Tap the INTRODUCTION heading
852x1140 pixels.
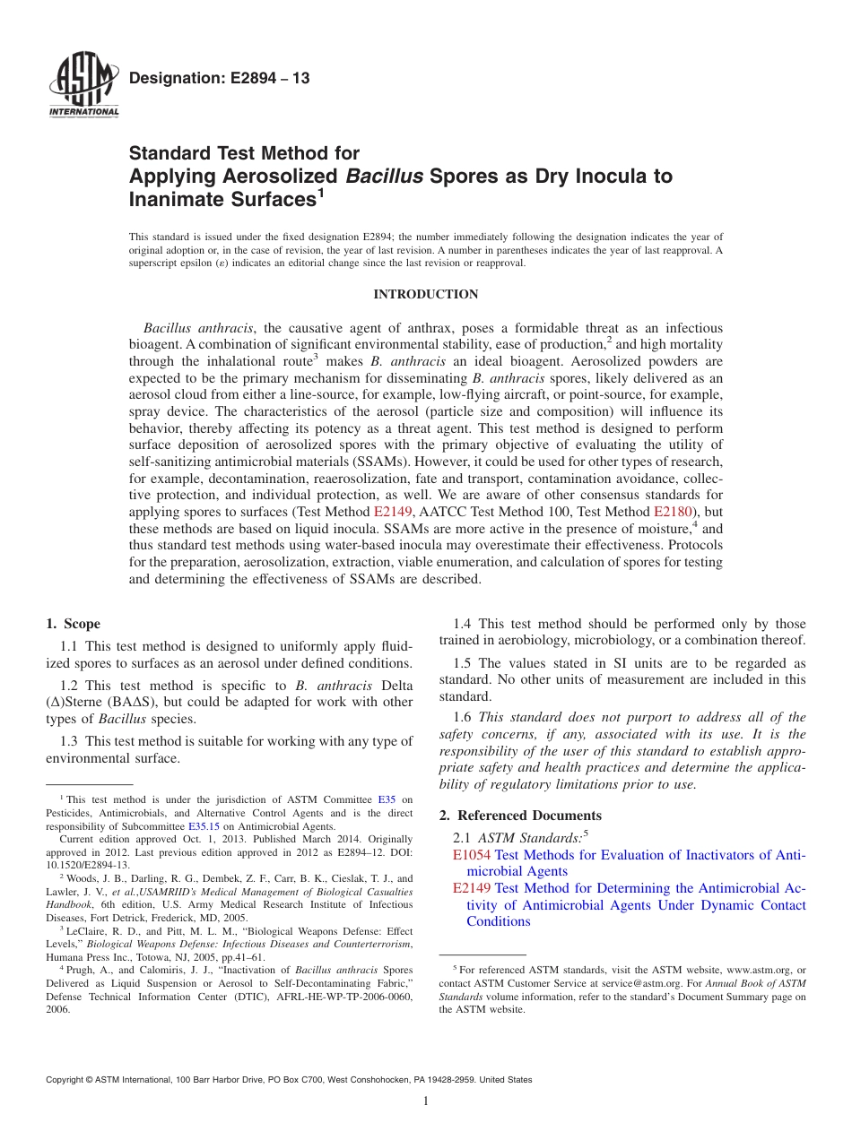(425, 294)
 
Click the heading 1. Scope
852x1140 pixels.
(73, 624)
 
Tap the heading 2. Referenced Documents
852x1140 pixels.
(520, 816)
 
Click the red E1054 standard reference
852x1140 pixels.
(472, 855)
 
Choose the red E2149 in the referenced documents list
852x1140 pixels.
(472, 888)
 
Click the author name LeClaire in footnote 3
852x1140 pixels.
(87, 930)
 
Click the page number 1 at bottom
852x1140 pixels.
(426, 1101)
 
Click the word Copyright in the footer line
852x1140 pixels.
(65, 1080)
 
